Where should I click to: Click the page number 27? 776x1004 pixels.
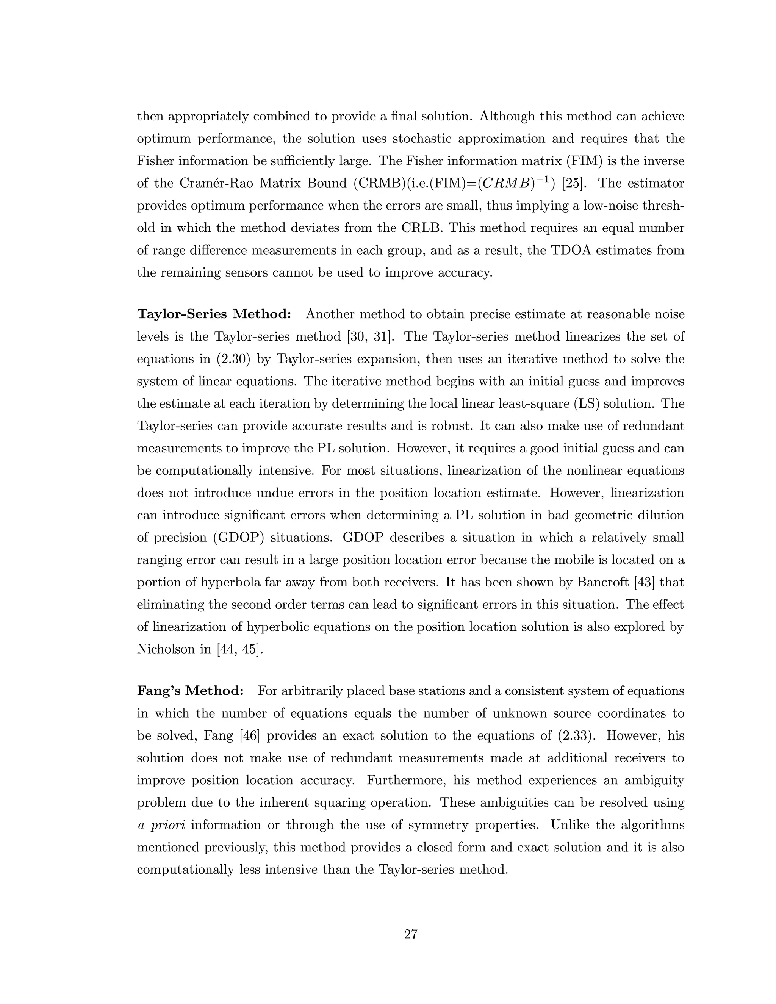click(x=410, y=934)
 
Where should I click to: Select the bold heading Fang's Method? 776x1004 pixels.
click(x=190, y=691)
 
